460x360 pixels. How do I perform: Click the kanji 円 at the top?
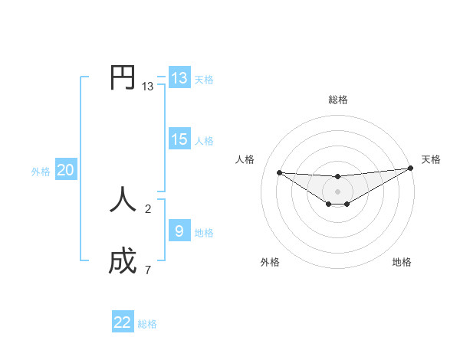[123, 77]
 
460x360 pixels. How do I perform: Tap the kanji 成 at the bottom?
[123, 261]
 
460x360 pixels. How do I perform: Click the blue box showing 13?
[179, 78]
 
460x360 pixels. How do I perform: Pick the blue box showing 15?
[179, 139]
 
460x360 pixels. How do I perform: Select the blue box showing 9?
[179, 231]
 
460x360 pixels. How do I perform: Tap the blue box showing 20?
[65, 170]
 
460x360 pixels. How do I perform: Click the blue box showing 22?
[123, 322]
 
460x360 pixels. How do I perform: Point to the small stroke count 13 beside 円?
[147, 87]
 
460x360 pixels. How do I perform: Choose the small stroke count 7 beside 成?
[148, 270]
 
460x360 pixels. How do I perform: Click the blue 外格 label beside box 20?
[41, 172]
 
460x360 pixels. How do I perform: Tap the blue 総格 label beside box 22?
[147, 324]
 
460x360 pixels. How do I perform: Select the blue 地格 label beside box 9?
[204, 233]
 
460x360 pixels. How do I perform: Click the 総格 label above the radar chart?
[338, 100]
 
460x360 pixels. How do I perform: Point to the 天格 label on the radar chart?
[431, 159]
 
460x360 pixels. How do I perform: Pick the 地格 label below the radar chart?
[402, 262]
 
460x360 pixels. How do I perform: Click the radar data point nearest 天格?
[410, 169]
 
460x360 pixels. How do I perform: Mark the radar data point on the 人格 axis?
[279, 172]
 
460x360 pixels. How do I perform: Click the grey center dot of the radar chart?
[338, 191]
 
